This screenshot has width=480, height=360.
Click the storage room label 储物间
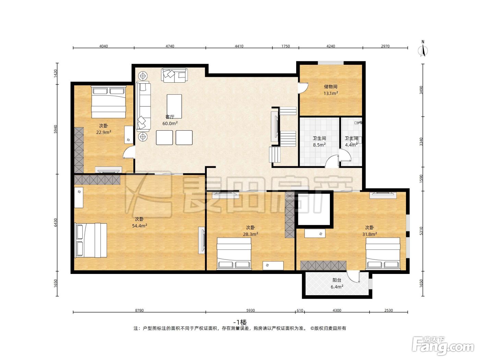pyautogui.click(x=331, y=86)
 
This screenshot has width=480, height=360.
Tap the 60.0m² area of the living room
pyautogui.click(x=170, y=123)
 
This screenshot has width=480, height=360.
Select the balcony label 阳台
pyautogui.click(x=337, y=280)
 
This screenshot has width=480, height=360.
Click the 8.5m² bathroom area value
pyautogui.click(x=319, y=145)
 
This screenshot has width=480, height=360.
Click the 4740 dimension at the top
pyautogui.click(x=170, y=46)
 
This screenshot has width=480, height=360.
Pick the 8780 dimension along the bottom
pyautogui.click(x=139, y=310)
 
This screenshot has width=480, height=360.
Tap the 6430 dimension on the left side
pyautogui.click(x=56, y=223)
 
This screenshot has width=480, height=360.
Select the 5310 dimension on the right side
pyautogui.click(x=421, y=231)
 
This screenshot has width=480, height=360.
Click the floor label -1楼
pyautogui.click(x=240, y=322)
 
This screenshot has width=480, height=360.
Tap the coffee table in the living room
pyautogui.click(x=174, y=106)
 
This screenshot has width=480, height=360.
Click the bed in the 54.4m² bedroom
pyautogui.click(x=91, y=240)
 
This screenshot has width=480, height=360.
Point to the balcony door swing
pyautogui.click(x=353, y=276)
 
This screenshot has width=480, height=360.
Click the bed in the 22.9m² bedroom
pyautogui.click(x=108, y=102)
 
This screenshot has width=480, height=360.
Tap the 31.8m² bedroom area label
pyautogui.click(x=370, y=234)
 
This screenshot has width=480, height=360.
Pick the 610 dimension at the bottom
pyautogui.click(x=300, y=310)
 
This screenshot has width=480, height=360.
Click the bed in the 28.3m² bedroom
pyautogui.click(x=234, y=253)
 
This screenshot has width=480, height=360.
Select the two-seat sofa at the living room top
pyautogui.click(x=174, y=75)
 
